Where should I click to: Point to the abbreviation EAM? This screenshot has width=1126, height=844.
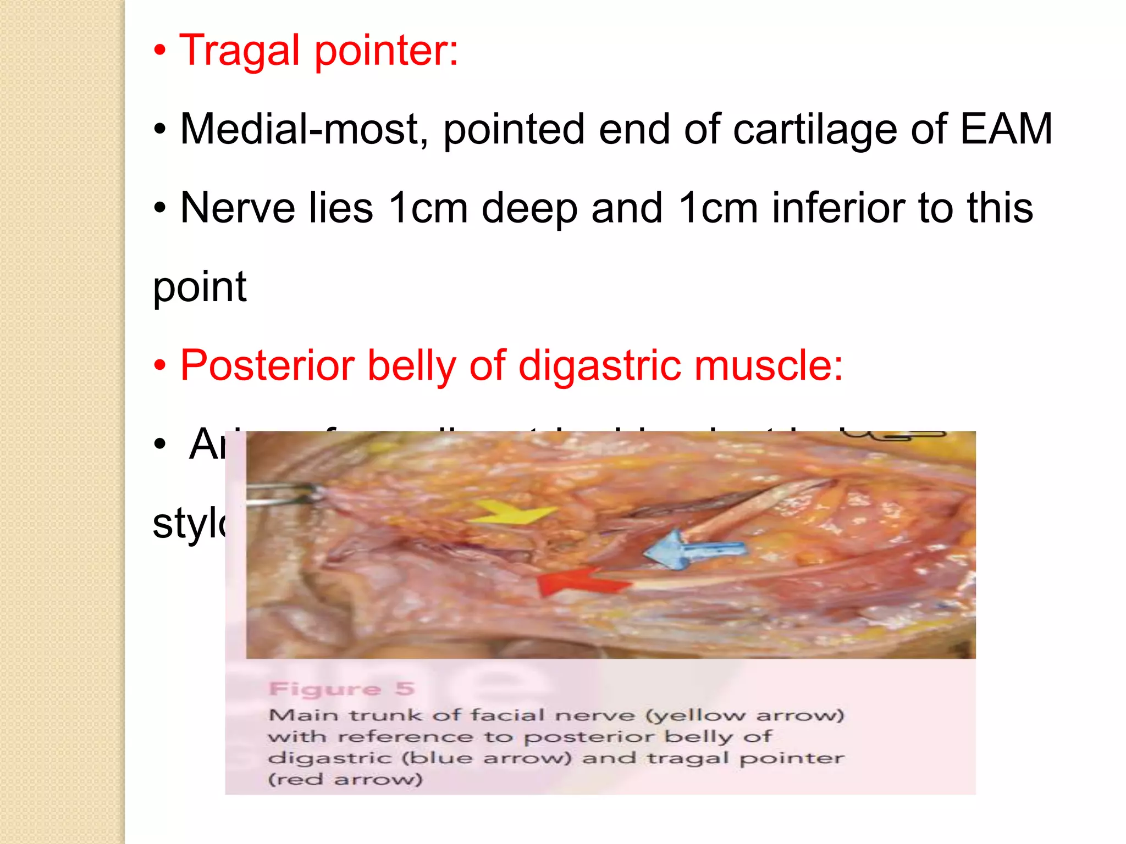click(1006, 129)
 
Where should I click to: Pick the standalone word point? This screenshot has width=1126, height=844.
click(200, 287)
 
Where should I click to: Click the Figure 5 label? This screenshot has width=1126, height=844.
click(341, 688)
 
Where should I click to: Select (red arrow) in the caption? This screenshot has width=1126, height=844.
click(345, 780)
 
